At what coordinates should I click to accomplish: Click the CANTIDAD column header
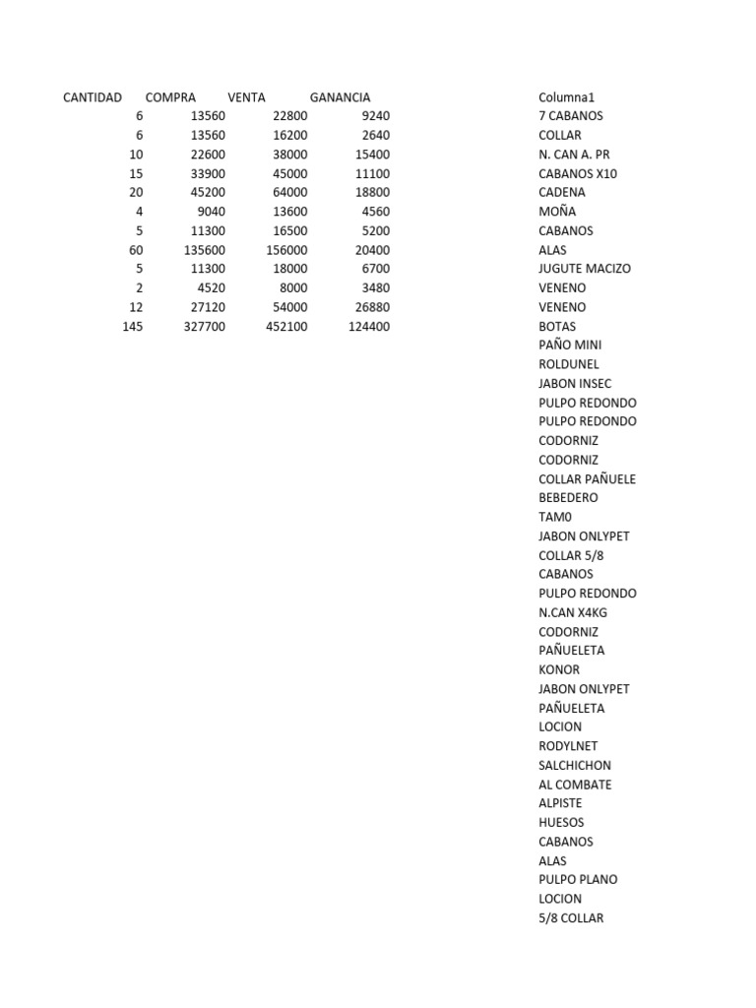[93, 97]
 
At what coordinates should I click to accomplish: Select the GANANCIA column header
[340, 97]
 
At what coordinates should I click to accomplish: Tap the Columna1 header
[566, 97]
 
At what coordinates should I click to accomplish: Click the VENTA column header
[246, 97]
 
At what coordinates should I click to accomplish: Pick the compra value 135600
[205, 250]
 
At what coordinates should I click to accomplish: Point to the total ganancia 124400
[369, 327]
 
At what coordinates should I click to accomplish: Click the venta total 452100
[286, 327]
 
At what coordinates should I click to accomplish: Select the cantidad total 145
[132, 327]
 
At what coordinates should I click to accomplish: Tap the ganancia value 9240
[376, 116]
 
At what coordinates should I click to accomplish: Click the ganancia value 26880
[372, 307]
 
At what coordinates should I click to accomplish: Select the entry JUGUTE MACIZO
[585, 269]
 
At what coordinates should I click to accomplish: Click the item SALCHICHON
[575, 765]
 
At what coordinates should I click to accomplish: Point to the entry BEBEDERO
[568, 498]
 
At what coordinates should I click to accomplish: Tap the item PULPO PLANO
[578, 879]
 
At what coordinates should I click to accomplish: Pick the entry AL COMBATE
[575, 785]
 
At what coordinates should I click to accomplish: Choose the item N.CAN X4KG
[573, 612]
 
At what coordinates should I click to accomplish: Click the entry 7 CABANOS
[571, 116]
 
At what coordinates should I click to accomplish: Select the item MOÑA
[557, 212]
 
